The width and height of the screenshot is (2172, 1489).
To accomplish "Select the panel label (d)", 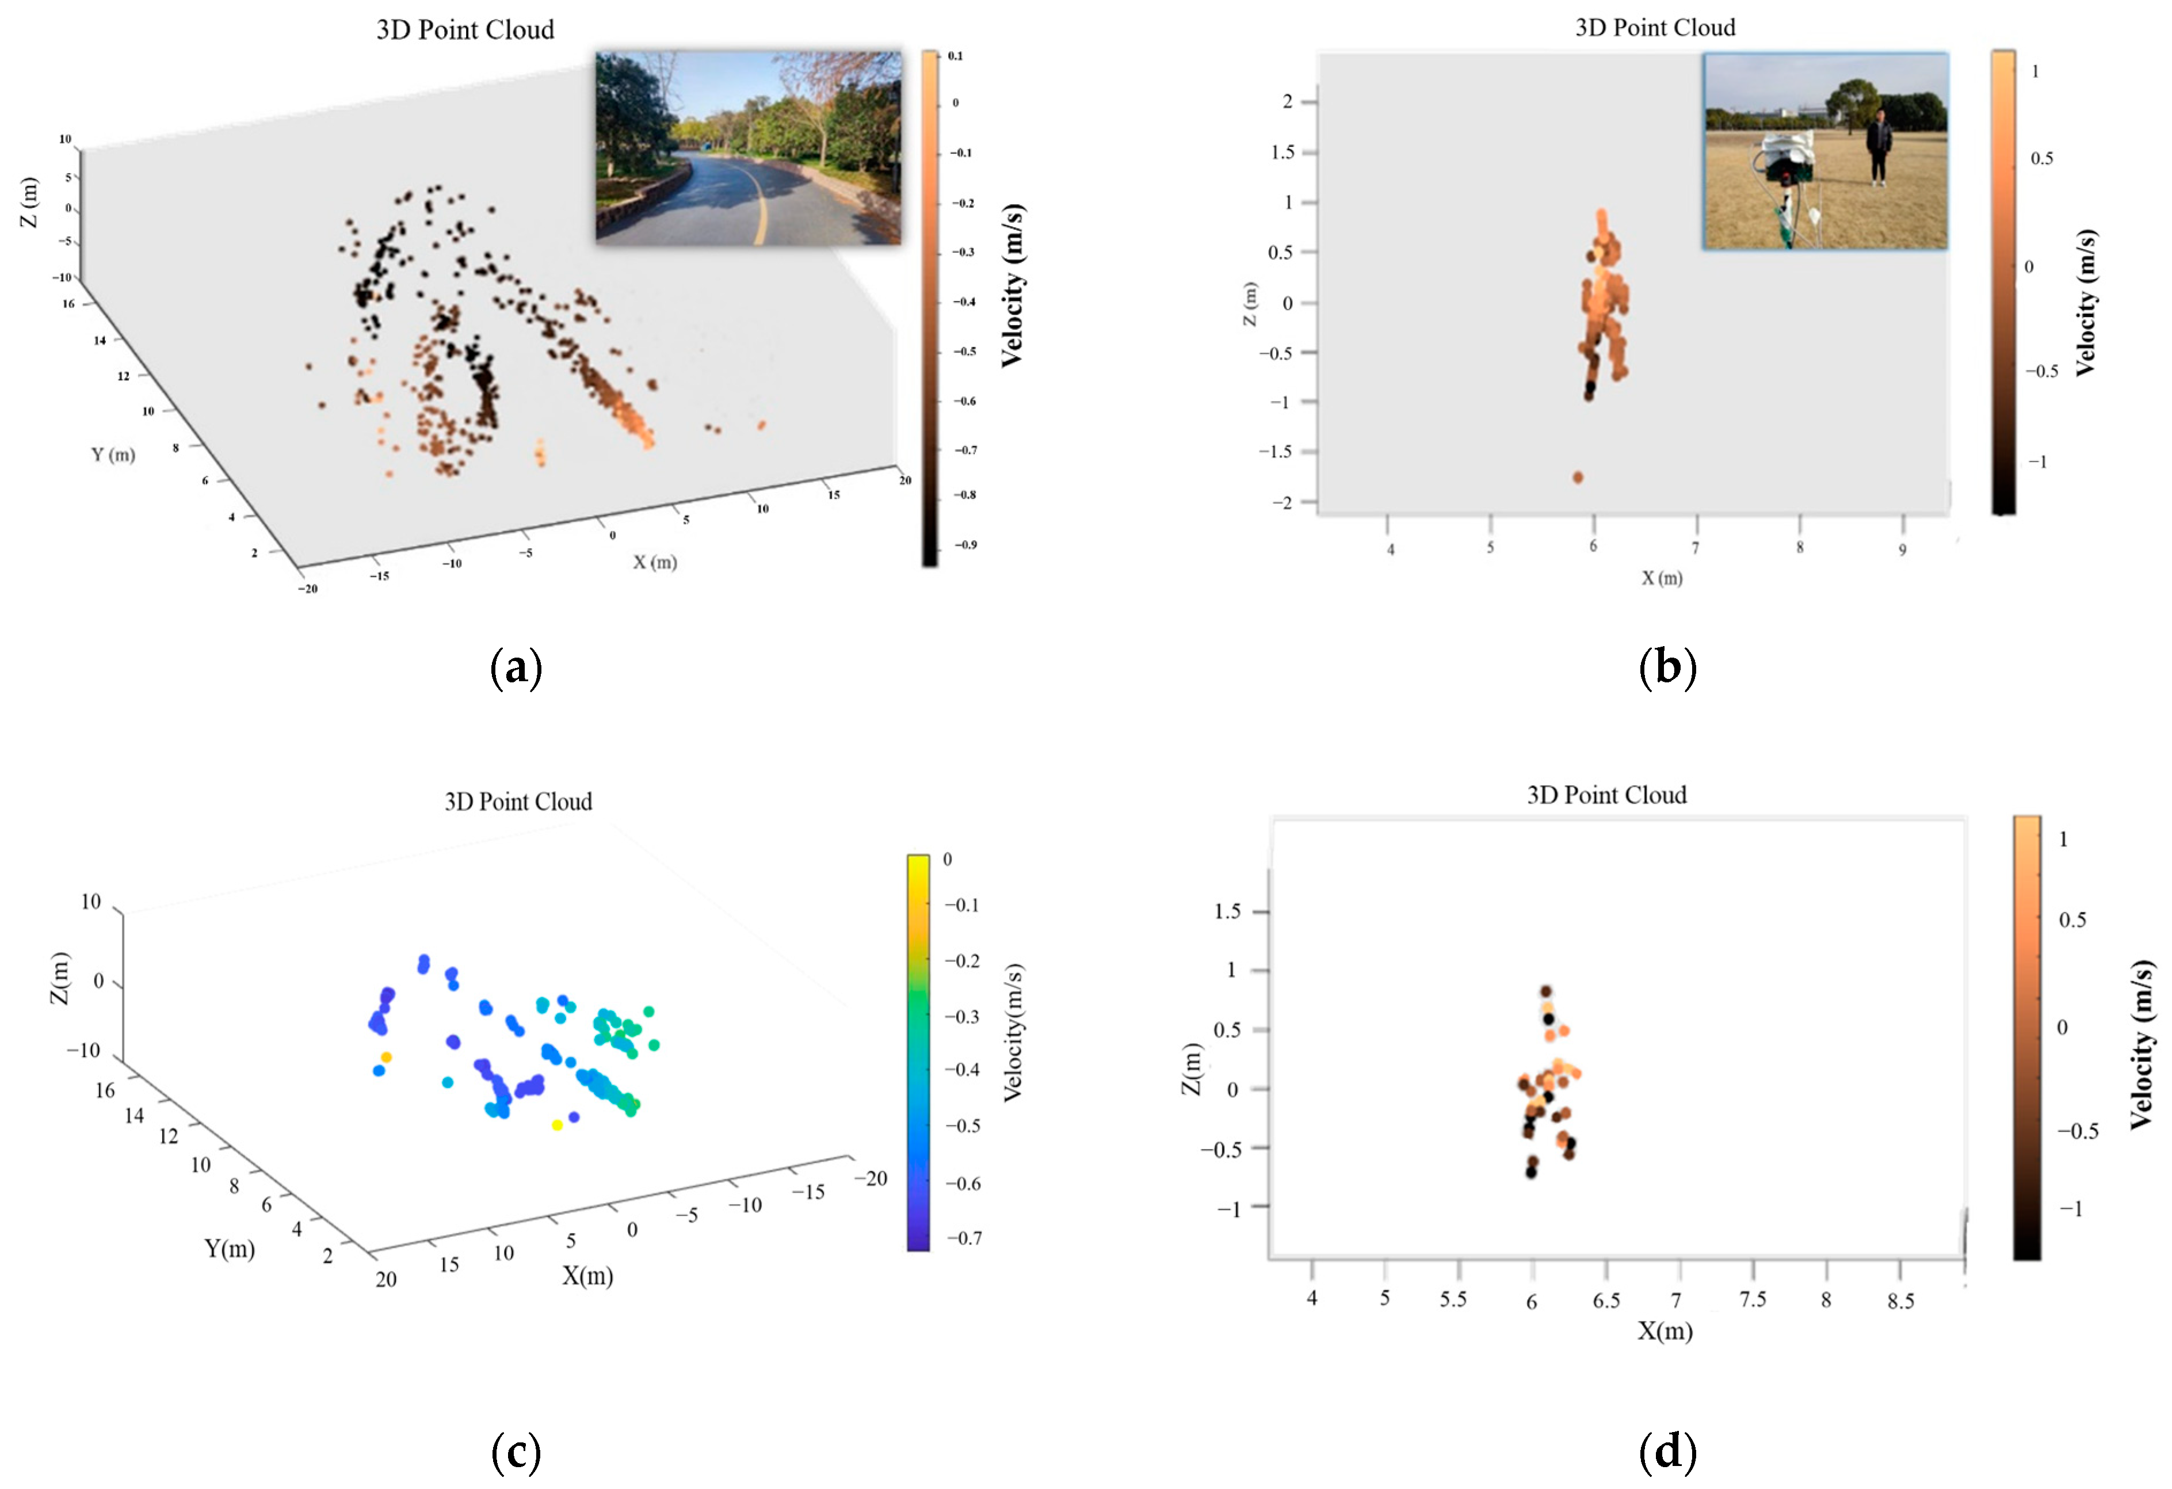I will [x=1667, y=1452].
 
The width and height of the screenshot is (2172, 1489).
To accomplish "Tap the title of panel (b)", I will [x=1655, y=28].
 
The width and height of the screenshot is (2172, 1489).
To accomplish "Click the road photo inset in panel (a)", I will [x=749, y=148].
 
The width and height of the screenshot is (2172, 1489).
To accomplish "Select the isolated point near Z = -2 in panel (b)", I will [x=1578, y=478].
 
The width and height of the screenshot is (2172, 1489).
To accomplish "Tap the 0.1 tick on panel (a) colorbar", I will [x=955, y=56].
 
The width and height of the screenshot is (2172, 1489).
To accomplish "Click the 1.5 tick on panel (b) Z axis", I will [x=1283, y=152].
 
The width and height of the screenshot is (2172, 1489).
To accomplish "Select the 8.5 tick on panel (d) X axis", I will [x=1900, y=1301].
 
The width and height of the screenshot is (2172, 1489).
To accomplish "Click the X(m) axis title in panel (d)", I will [x=1665, y=1331].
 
